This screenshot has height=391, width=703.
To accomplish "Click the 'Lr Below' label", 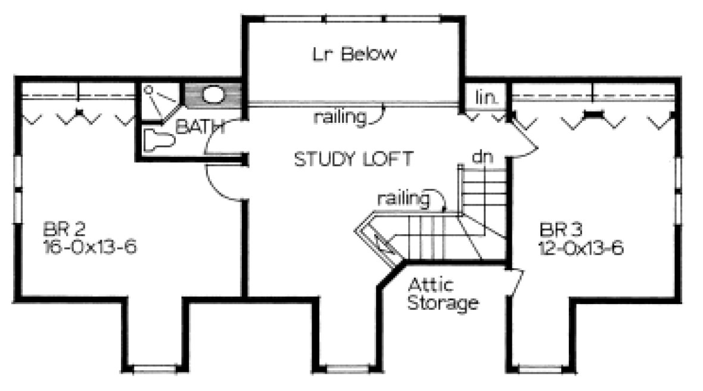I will tap(353, 55).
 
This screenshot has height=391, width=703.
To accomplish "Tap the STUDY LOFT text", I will tap(353, 159).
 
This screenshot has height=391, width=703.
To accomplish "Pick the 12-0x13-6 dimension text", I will tap(581, 248).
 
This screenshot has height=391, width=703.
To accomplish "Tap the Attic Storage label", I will tap(441, 293).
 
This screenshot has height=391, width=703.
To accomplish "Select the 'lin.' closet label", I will tap(487, 97).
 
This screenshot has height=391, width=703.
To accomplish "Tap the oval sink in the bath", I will tap(212, 95).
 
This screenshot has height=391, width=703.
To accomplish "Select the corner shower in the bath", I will tap(160, 101).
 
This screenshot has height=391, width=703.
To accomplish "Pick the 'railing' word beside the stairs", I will tap(403, 198).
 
